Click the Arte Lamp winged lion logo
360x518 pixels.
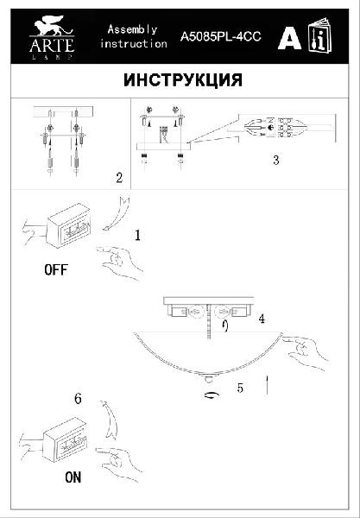click(52, 37)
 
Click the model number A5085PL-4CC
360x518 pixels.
click(221, 36)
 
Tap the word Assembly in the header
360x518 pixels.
click(132, 29)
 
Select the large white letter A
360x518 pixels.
click(290, 37)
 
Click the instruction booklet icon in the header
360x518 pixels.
click(320, 35)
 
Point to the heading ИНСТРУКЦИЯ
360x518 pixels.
click(183, 80)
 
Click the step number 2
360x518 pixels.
click(119, 178)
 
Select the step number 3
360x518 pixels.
click(276, 161)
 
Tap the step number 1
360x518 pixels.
click(137, 235)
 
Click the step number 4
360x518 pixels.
click(262, 319)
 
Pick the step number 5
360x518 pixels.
click(240, 388)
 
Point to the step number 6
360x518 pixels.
click(78, 398)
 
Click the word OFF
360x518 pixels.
click(56, 270)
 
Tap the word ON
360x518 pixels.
click(73, 477)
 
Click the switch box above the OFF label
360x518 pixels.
click(69, 225)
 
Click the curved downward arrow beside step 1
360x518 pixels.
click(117, 213)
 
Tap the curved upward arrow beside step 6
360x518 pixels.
click(111, 419)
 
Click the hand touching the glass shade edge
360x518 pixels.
click(306, 352)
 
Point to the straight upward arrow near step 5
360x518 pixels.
click(267, 385)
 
